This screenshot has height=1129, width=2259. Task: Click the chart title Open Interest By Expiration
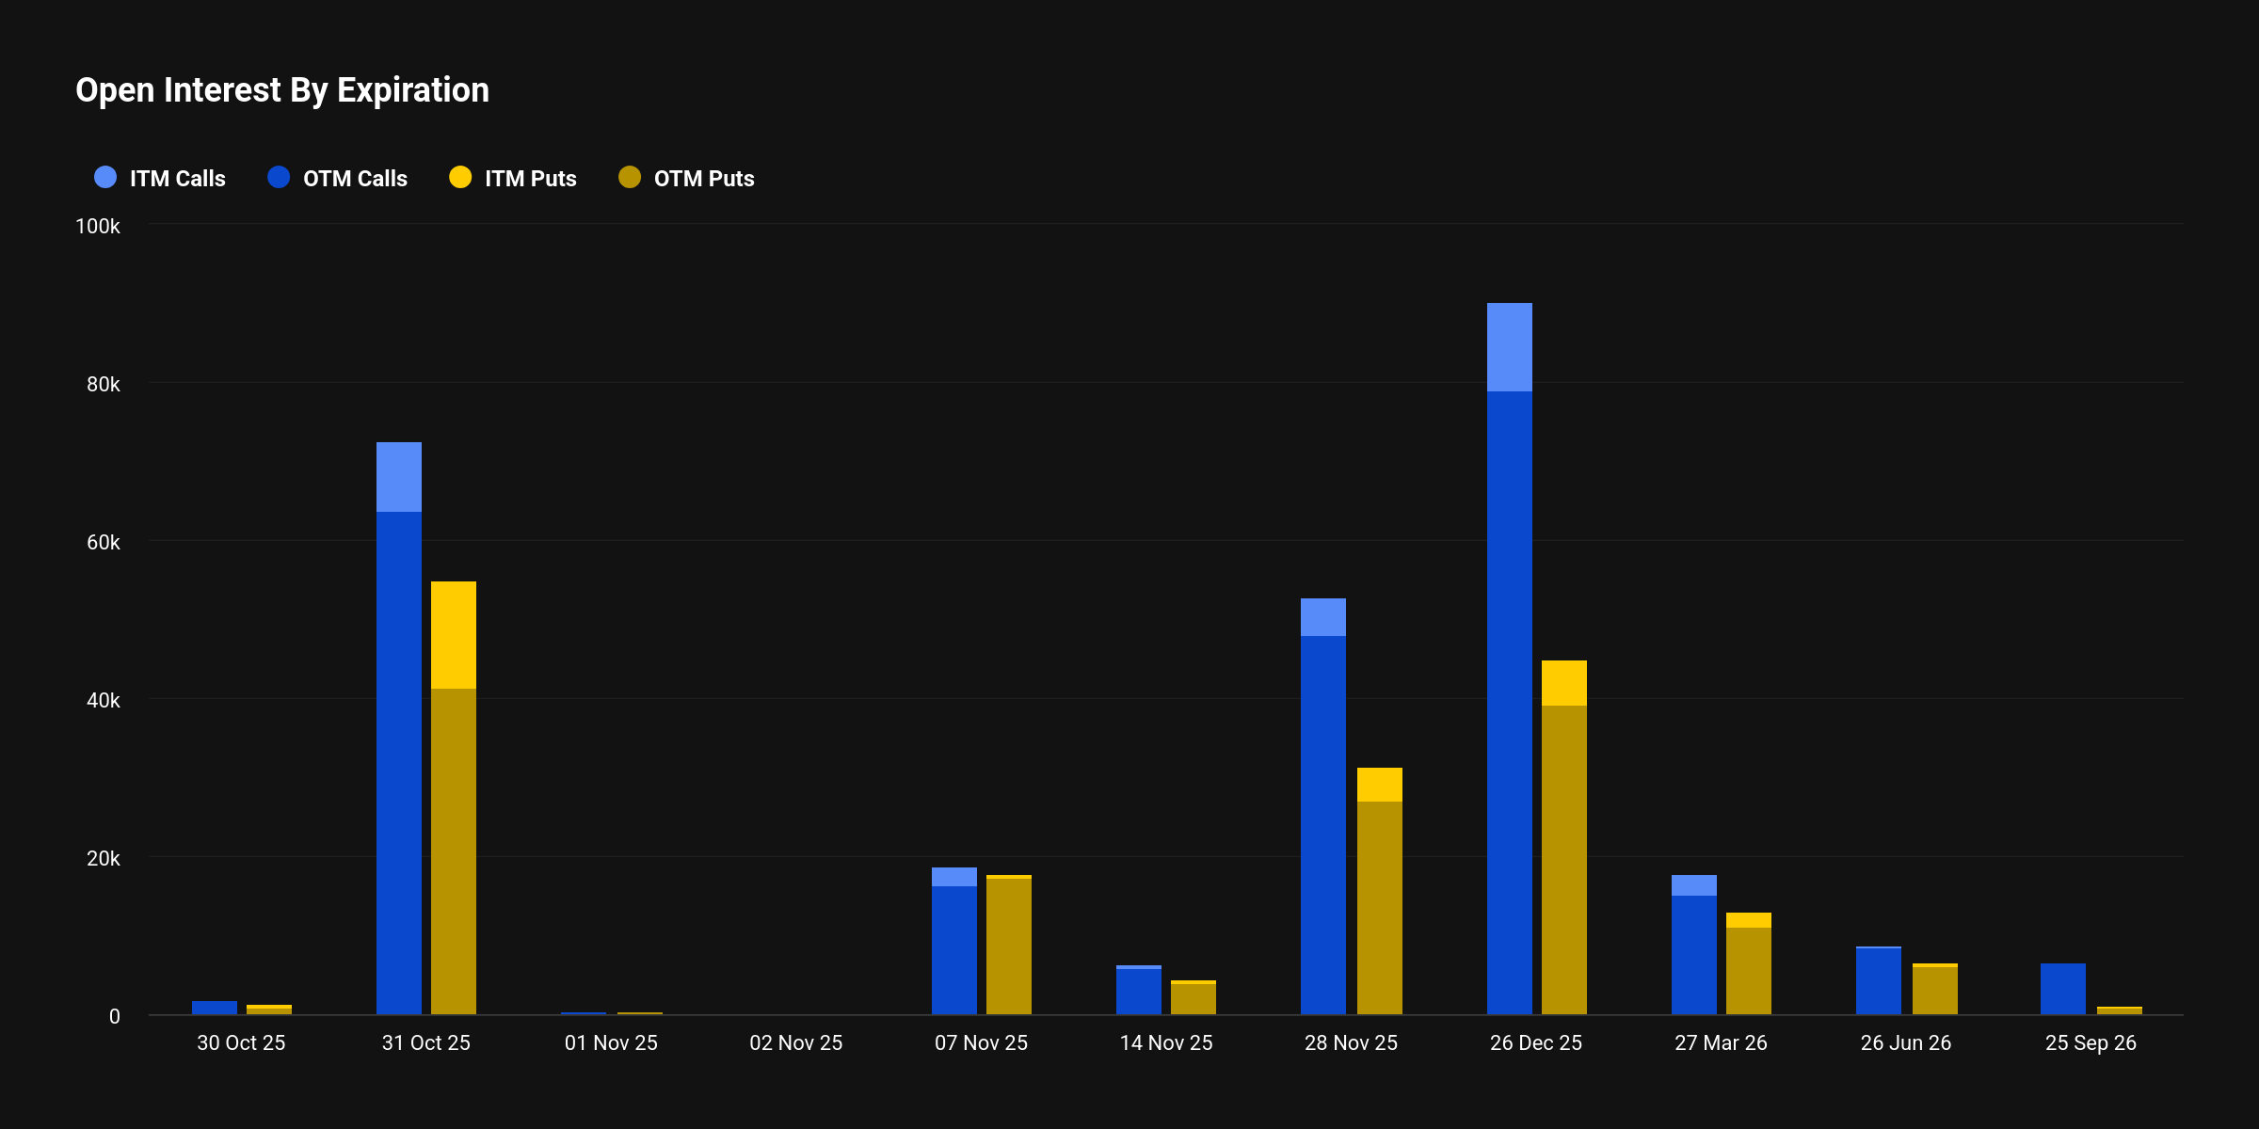pos(282,90)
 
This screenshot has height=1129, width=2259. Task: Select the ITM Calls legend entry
pos(160,178)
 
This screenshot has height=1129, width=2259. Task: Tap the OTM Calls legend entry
pos(338,178)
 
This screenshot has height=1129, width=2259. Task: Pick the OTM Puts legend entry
pos(686,178)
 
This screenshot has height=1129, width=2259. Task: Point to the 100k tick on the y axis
pos(98,227)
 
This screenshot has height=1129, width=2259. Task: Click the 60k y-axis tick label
pos(103,543)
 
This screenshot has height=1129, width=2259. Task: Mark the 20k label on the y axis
pos(103,859)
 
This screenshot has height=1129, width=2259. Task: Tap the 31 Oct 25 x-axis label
pos(425,1042)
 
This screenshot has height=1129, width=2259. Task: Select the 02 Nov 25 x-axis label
pos(795,1042)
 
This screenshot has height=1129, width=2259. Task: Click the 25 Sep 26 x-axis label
pos(2091,1042)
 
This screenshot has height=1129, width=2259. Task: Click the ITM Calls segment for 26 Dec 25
pos(1510,347)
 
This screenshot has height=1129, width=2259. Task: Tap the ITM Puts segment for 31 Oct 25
pos(454,635)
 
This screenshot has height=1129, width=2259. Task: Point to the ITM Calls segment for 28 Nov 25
pos(1323,617)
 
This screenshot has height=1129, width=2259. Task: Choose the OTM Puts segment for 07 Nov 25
pos(1009,946)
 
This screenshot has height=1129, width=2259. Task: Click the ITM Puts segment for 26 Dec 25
pos(1564,683)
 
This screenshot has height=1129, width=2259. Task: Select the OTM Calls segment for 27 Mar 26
pos(1694,954)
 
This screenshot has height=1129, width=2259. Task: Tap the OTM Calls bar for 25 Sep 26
pos(2063,989)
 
